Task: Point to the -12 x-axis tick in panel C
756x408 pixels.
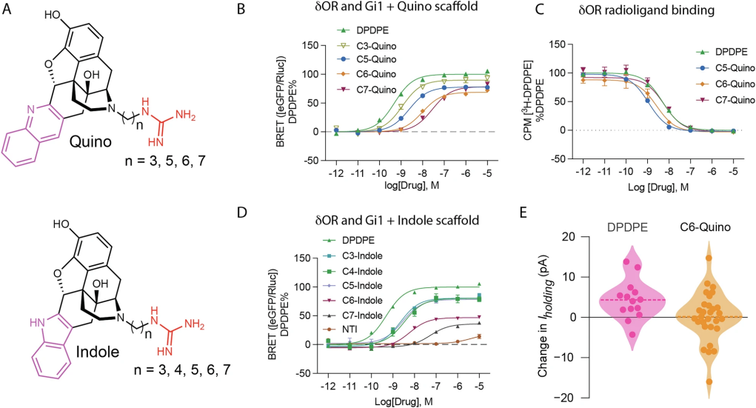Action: pyautogui.click(x=583, y=169)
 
